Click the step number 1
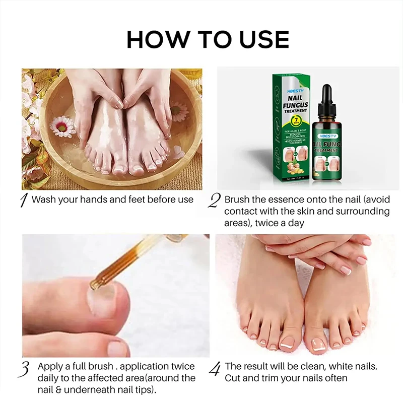pyautogui.click(x=23, y=200)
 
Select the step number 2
pyautogui.click(x=214, y=200)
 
